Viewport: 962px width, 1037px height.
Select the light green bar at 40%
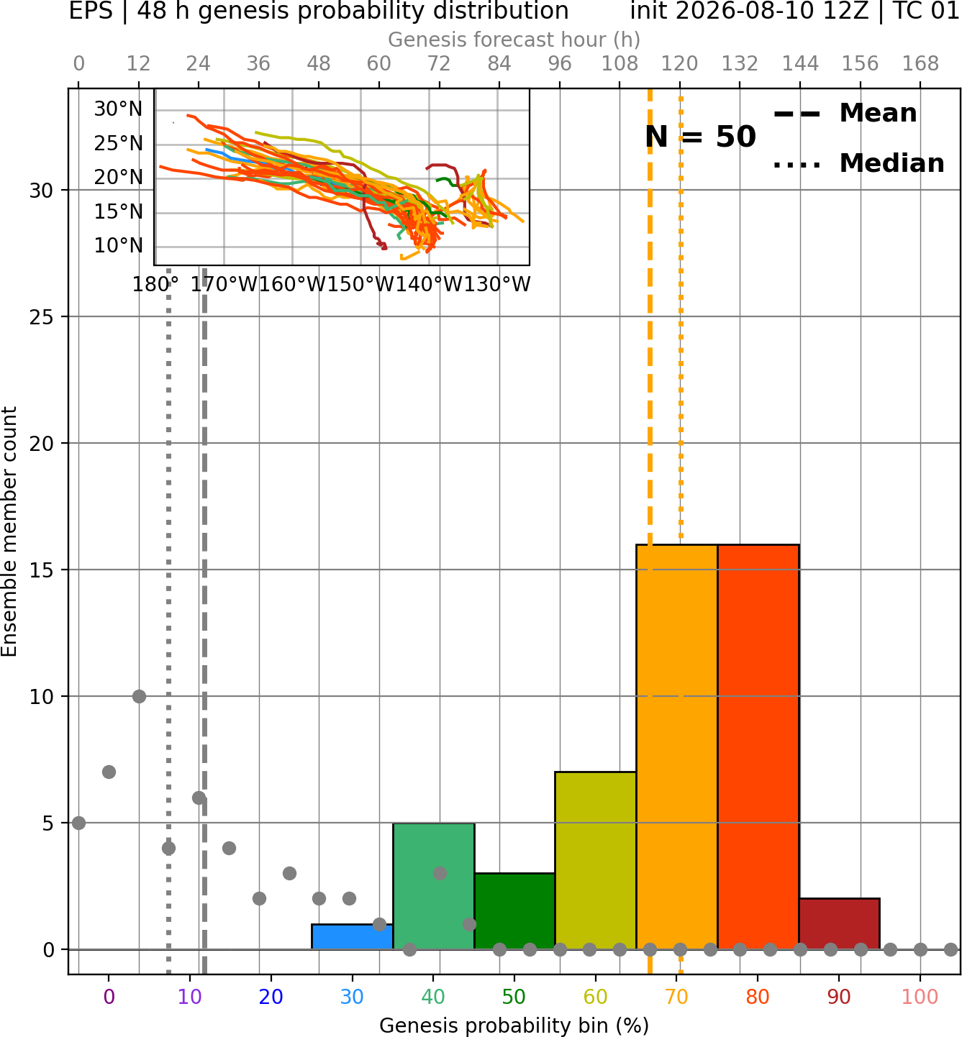pyautogui.click(x=434, y=887)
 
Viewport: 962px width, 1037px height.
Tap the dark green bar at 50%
pyautogui.click(x=514, y=912)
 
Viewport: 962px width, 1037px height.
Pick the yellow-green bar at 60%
pyautogui.click(x=596, y=861)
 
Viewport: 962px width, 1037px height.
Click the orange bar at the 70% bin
pyautogui.click(x=677, y=747)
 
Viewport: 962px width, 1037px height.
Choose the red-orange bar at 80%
pyautogui.click(x=758, y=747)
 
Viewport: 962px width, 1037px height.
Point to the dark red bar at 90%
pyautogui.click(x=840, y=924)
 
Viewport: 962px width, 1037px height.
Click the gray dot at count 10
pyautogui.click(x=139, y=697)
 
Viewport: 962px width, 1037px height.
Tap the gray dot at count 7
pyautogui.click(x=109, y=772)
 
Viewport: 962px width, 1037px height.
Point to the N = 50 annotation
pyautogui.click(x=700, y=137)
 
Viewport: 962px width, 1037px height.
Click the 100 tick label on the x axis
pyautogui.click(x=920, y=997)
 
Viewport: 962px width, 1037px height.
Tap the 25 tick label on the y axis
pyautogui.click(x=42, y=317)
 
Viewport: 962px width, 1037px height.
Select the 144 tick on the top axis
pyautogui.click(x=800, y=64)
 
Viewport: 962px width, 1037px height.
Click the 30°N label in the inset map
pyautogui.click(x=118, y=109)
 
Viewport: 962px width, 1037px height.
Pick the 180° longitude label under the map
pyautogui.click(x=155, y=285)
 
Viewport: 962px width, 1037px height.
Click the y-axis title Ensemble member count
pyautogui.click(x=9, y=531)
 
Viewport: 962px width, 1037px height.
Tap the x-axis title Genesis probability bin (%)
pyautogui.click(x=514, y=1025)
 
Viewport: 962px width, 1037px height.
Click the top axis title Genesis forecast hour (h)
pyautogui.click(x=514, y=40)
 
